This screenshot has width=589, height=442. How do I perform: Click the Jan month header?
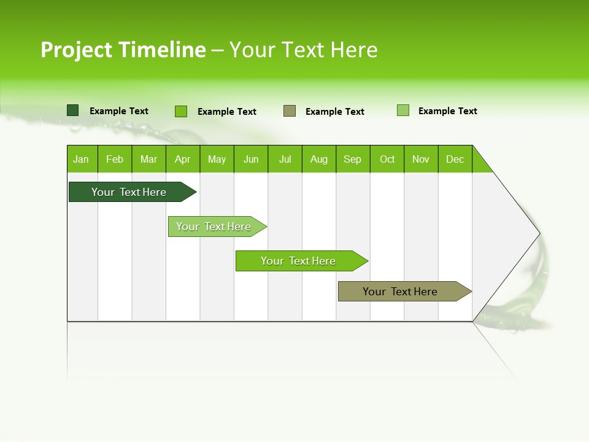point(82,159)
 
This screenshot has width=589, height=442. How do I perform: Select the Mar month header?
point(148,159)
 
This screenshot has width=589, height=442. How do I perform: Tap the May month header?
point(217,159)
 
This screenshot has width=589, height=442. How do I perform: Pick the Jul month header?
point(285,159)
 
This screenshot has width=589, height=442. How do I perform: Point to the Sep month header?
point(353,159)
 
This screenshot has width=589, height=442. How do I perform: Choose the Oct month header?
point(387,159)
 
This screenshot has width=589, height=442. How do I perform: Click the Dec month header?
point(455,159)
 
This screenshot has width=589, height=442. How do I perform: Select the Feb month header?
point(115,159)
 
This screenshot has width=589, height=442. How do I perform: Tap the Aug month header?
point(319,159)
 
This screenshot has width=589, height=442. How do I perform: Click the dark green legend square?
point(72,110)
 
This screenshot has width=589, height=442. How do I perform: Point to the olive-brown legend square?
point(290,110)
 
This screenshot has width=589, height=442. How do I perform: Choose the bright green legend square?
point(180,111)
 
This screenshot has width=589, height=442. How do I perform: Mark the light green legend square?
point(403,110)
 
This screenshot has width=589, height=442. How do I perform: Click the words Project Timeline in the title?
point(123,50)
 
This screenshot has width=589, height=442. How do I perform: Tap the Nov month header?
point(421,159)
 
